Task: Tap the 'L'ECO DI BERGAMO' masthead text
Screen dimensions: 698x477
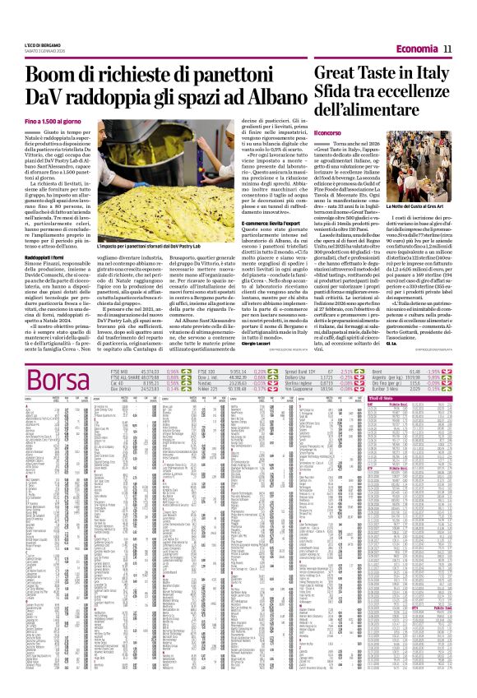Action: [x=32, y=6]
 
